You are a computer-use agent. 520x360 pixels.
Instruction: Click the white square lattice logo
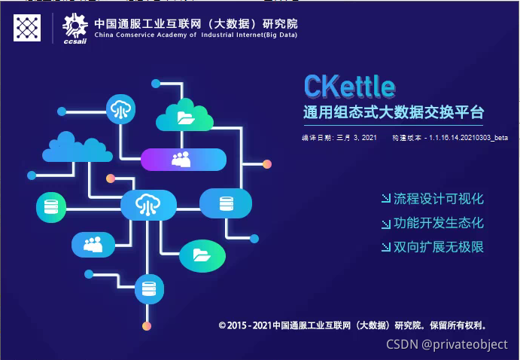tap(27, 28)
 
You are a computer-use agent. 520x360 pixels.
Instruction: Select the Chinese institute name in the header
tap(195, 22)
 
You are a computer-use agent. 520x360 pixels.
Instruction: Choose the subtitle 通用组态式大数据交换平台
tap(392, 113)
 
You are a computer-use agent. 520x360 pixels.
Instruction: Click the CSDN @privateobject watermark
tap(447, 344)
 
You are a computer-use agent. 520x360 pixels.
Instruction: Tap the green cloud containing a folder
tap(185, 117)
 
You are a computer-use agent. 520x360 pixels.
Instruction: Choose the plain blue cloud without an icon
tap(73, 148)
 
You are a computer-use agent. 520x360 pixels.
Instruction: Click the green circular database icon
tap(51, 207)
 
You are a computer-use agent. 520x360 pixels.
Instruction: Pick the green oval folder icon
tap(202, 255)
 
